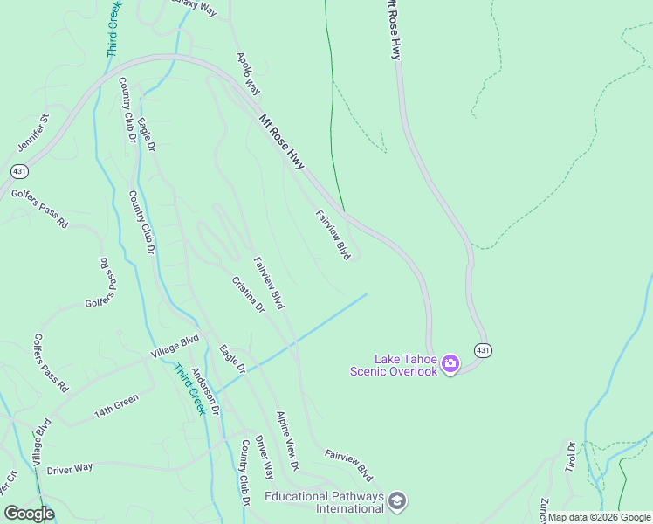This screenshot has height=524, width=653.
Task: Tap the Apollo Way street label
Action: [249, 73]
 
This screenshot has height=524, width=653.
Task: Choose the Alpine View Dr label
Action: [288, 437]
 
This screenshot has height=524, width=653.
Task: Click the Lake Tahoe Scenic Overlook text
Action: [394, 365]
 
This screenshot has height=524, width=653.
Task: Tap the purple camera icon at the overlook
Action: [450, 363]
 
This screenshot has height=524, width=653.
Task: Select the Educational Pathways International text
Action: [324, 502]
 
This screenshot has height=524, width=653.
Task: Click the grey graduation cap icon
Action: [397, 500]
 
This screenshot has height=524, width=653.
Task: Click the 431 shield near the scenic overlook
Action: [483, 349]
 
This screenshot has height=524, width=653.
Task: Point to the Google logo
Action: [29, 514]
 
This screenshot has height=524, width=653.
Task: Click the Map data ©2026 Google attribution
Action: [599, 518]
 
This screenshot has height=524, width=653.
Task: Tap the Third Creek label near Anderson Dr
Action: [189, 389]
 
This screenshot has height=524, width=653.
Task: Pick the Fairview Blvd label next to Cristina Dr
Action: [269, 283]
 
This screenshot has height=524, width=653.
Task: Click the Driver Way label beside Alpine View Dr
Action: [265, 458]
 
